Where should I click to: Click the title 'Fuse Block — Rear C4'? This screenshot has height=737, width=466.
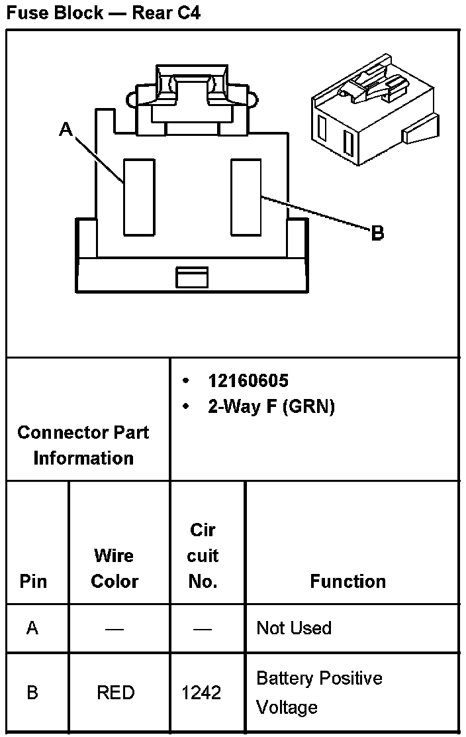pyautogui.click(x=103, y=13)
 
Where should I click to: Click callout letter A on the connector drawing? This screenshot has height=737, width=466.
pyautogui.click(x=66, y=129)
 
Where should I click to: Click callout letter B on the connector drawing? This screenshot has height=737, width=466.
pyautogui.click(x=377, y=234)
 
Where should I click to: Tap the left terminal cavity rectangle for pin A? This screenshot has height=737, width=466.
pyautogui.click(x=139, y=197)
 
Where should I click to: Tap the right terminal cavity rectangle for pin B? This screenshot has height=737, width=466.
pyautogui.click(x=246, y=197)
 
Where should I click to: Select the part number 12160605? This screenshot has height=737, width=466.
pyautogui.click(x=248, y=380)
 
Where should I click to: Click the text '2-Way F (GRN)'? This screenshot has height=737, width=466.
pyautogui.click(x=271, y=406)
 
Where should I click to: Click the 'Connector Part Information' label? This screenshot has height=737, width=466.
pyautogui.click(x=83, y=445)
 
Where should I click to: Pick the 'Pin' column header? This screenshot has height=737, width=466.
pyautogui.click(x=33, y=581)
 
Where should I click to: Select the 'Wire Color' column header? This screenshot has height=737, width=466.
pyautogui.click(x=115, y=568)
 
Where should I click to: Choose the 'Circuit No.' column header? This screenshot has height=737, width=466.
pyautogui.click(x=203, y=555)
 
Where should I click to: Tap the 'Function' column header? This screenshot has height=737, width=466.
pyautogui.click(x=348, y=581)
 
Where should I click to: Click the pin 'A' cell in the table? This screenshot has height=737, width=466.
pyautogui.click(x=33, y=628)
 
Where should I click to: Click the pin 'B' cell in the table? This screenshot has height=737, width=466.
pyautogui.click(x=33, y=693)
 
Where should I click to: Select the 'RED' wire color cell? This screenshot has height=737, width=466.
pyautogui.click(x=115, y=693)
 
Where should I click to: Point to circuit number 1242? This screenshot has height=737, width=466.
pyautogui.click(x=201, y=693)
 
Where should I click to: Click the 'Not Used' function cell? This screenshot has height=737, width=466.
pyautogui.click(x=294, y=628)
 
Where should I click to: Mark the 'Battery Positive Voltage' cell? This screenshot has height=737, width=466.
pyautogui.click(x=318, y=693)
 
